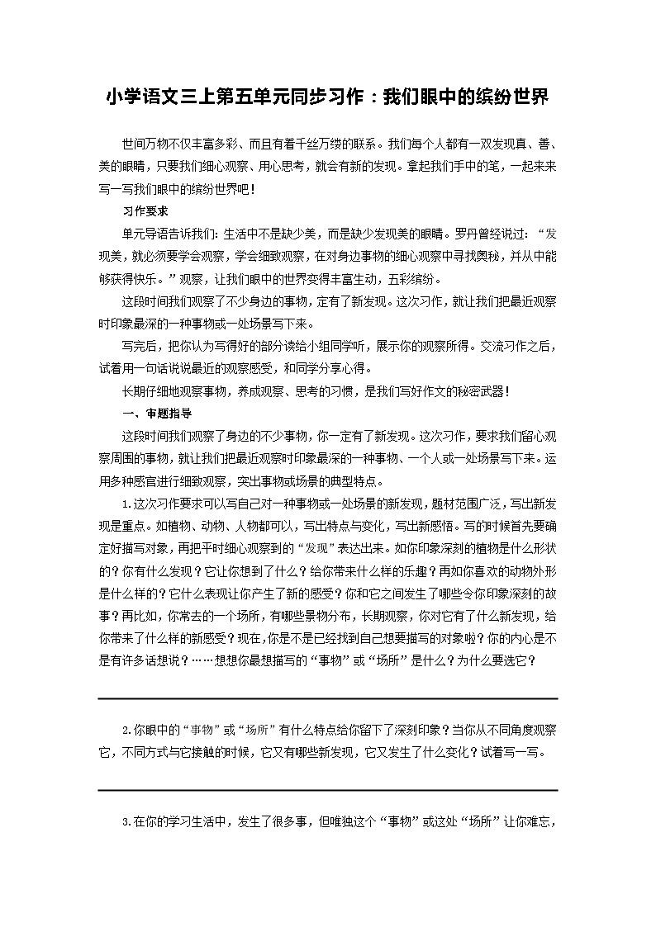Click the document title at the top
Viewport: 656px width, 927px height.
(327, 98)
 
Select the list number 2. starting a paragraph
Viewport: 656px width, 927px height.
(126, 730)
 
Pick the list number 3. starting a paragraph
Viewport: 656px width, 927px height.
(126, 821)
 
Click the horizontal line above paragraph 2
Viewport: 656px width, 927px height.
(327, 698)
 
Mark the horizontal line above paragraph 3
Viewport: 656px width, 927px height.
(327, 790)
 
